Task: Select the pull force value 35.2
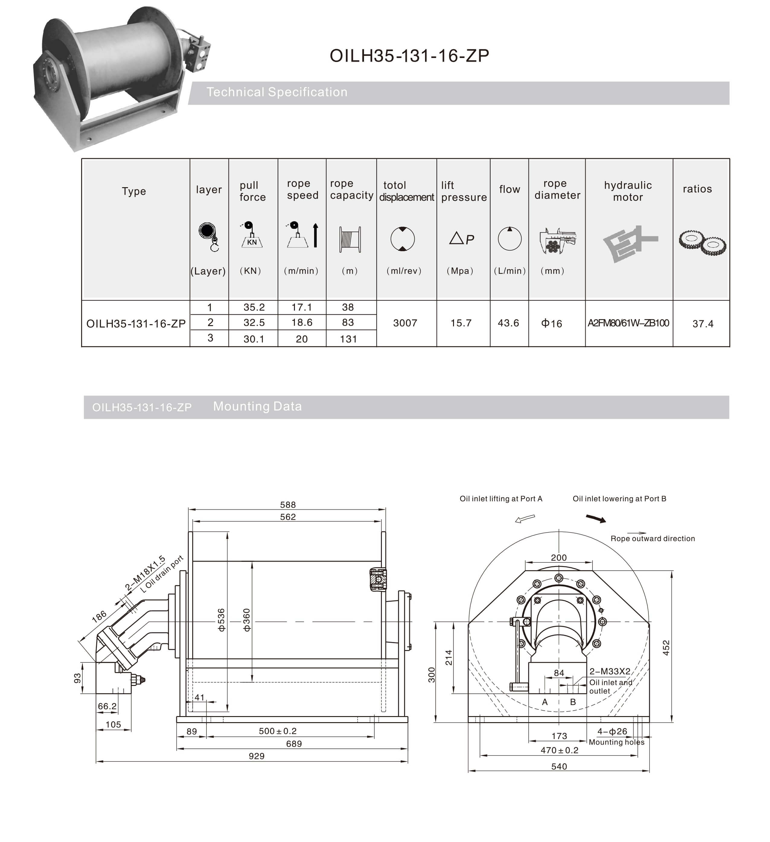(254, 307)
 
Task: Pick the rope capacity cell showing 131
(348, 339)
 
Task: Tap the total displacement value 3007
(405, 323)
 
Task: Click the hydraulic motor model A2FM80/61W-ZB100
(628, 323)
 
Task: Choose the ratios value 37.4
(703, 324)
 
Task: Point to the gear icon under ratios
(702, 243)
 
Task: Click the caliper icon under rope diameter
(557, 241)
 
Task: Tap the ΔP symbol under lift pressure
(462, 239)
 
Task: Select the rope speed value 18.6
(302, 322)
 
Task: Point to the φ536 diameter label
(221, 620)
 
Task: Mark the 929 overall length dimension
(256, 756)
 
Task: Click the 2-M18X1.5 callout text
(145, 573)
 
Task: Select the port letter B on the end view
(573, 702)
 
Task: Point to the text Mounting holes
(616, 742)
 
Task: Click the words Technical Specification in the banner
(277, 92)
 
